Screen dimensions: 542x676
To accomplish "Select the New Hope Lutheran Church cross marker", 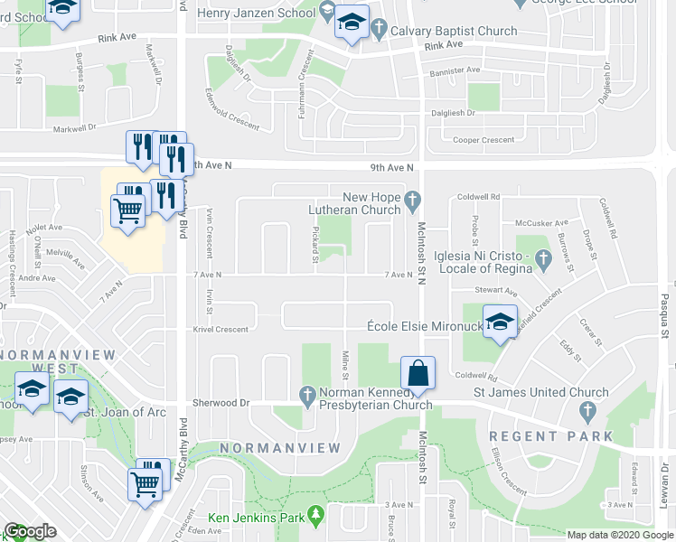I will pyautogui.click(x=413, y=198).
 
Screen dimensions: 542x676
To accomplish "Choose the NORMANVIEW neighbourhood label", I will pyautogui.click(x=281, y=448).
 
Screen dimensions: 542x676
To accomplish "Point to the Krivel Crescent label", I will pyautogui.click(x=220, y=330).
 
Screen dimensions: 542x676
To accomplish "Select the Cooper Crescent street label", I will pyautogui.click(x=484, y=140).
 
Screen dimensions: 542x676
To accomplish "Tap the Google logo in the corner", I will pyautogui.click(x=30, y=531).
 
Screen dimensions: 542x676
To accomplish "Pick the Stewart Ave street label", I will pyautogui.click(x=496, y=292).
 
